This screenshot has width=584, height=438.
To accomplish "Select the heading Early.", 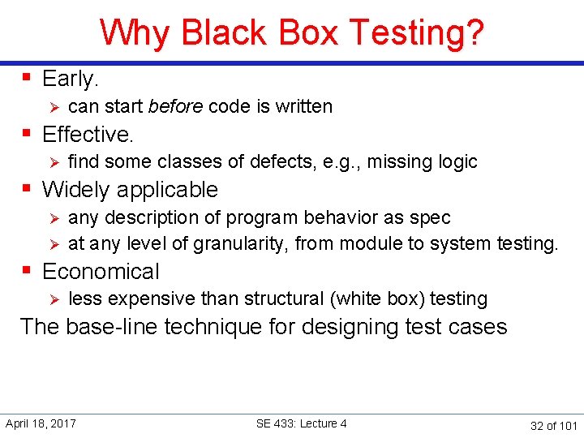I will pos(70,79).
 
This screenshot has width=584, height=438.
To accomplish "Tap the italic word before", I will pos(176,106).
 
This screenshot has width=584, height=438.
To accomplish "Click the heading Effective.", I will pos(88,134).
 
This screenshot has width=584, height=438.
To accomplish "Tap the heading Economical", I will pos(101,272).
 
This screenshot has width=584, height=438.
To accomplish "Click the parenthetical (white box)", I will pos(377,298).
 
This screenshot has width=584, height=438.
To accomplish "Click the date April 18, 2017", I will pos(41,423).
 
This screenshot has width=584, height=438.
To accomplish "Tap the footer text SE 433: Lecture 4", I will pos(301,423).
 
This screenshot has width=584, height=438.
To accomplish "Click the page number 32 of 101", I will pos(553,425).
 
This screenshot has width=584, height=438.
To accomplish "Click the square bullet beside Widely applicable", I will pos(27,189).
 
